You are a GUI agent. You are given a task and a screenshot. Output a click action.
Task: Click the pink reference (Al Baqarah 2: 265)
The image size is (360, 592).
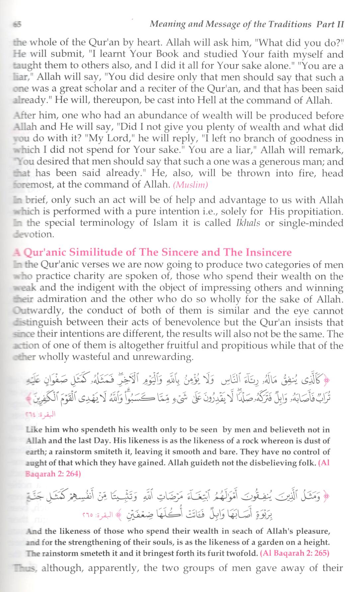click(x=295, y=553)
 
